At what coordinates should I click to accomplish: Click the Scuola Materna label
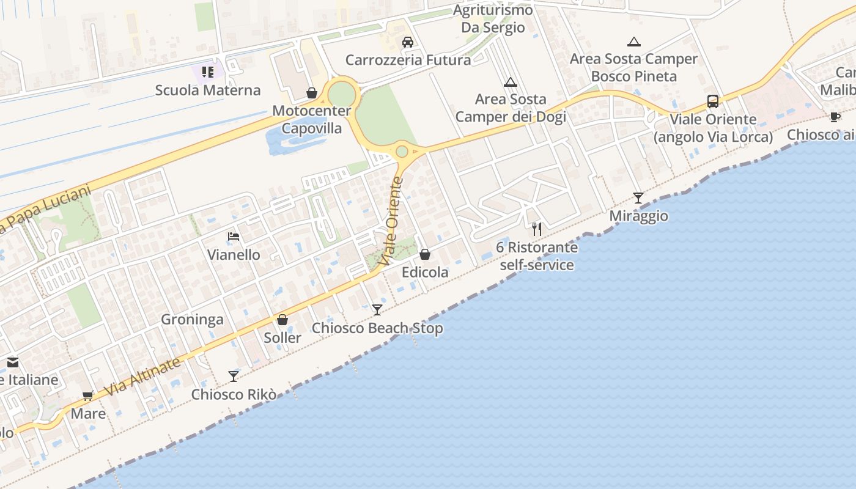pos(208,90)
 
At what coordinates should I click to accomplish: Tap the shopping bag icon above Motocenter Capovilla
pos(312,93)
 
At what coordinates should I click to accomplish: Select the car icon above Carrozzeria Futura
pos(408,42)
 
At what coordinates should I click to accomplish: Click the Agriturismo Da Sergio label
pos(493,19)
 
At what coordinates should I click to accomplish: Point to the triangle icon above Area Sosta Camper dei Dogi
pos(511,82)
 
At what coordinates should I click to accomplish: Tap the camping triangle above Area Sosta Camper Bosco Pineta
pos(634,42)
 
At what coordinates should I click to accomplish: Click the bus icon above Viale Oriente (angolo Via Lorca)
pos(713,101)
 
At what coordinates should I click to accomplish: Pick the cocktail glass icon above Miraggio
pos(638,197)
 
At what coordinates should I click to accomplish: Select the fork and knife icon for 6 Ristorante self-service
pos(537,229)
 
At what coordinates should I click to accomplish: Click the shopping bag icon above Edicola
pos(425,254)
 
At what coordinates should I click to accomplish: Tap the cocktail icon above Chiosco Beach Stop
pos(377,310)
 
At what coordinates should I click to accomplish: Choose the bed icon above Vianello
pos(234,237)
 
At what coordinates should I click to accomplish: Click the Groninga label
pos(192,320)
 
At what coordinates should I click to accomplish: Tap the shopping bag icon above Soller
pos(282,320)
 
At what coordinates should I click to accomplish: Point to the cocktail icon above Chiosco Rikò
pos(234,376)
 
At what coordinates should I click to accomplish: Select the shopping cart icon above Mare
pos(88,395)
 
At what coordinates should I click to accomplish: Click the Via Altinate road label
pos(142,377)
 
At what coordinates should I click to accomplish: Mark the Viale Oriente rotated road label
pos(393,221)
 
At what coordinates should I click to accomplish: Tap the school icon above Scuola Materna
pos(208,72)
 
